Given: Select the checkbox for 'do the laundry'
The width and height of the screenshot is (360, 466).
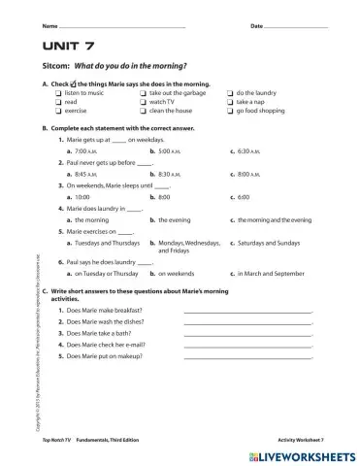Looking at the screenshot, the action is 230,92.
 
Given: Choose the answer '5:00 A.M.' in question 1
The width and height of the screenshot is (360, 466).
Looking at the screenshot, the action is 169,152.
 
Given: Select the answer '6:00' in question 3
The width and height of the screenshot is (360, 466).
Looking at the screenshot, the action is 243,195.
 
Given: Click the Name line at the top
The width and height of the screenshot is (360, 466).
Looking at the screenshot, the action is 121,23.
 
